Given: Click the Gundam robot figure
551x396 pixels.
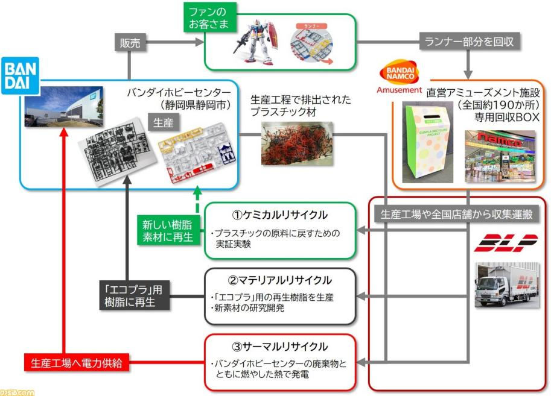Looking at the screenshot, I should coord(256,39).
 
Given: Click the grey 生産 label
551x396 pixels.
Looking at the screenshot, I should coord(161,123).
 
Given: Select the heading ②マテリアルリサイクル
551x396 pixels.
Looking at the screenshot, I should coord(281,280).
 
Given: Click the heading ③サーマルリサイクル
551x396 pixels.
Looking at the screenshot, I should coord(281,347).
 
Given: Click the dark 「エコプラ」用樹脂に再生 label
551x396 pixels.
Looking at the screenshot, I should coord(134,296).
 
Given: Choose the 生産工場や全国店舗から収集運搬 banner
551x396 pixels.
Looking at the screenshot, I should coord(458,213).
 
